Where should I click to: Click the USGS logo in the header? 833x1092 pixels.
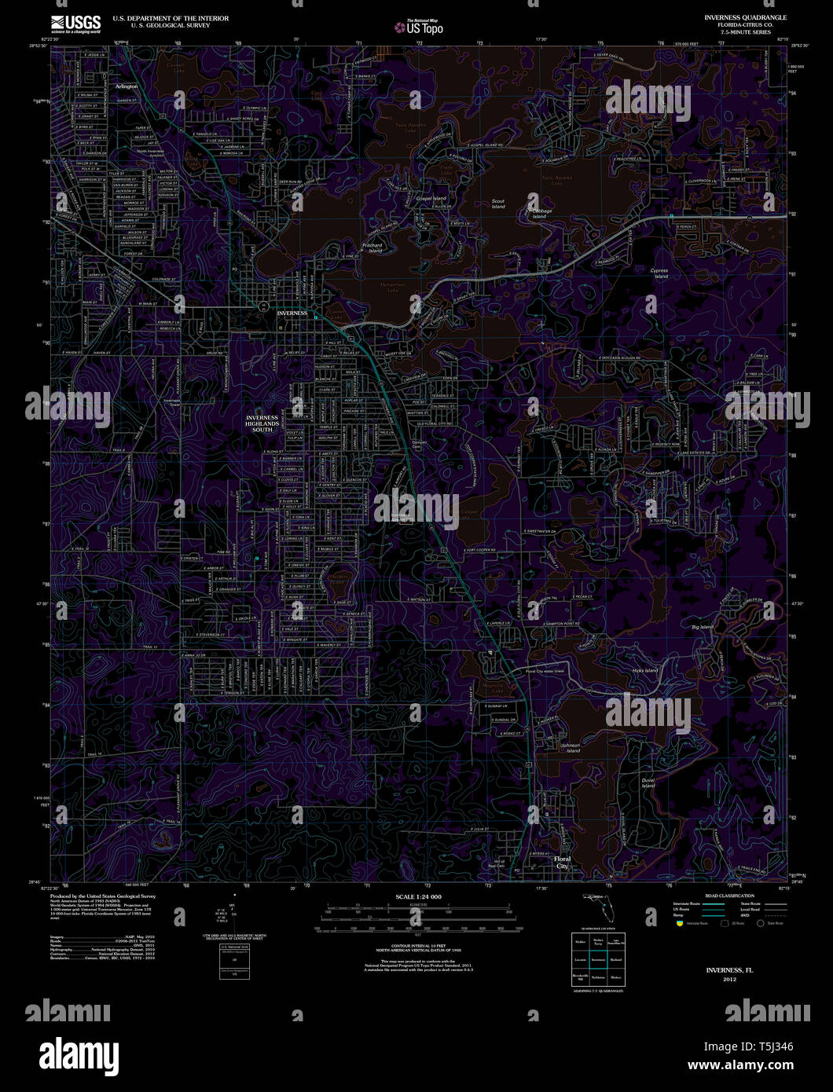pyautogui.click(x=75, y=24)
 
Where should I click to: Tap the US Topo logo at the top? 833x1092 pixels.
pyautogui.click(x=419, y=27)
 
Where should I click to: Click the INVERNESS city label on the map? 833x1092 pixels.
pyautogui.click(x=292, y=313)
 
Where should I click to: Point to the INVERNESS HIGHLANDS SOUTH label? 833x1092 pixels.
pyautogui.click(x=262, y=423)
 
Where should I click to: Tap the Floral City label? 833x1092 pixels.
pyautogui.click(x=562, y=863)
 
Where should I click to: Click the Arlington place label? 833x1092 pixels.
pyautogui.click(x=126, y=86)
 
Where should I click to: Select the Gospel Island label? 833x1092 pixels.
pyautogui.click(x=431, y=199)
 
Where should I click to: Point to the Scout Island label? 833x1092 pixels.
pyautogui.click(x=498, y=203)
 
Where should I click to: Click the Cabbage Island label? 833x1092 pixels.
pyautogui.click(x=542, y=213)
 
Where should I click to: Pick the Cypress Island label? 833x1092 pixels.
pyautogui.click(x=659, y=273)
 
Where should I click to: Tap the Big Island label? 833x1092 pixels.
pyautogui.click(x=702, y=627)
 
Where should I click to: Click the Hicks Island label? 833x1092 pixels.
pyautogui.click(x=645, y=670)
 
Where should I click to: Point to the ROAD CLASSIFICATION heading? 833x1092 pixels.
pyautogui.click(x=729, y=896)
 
